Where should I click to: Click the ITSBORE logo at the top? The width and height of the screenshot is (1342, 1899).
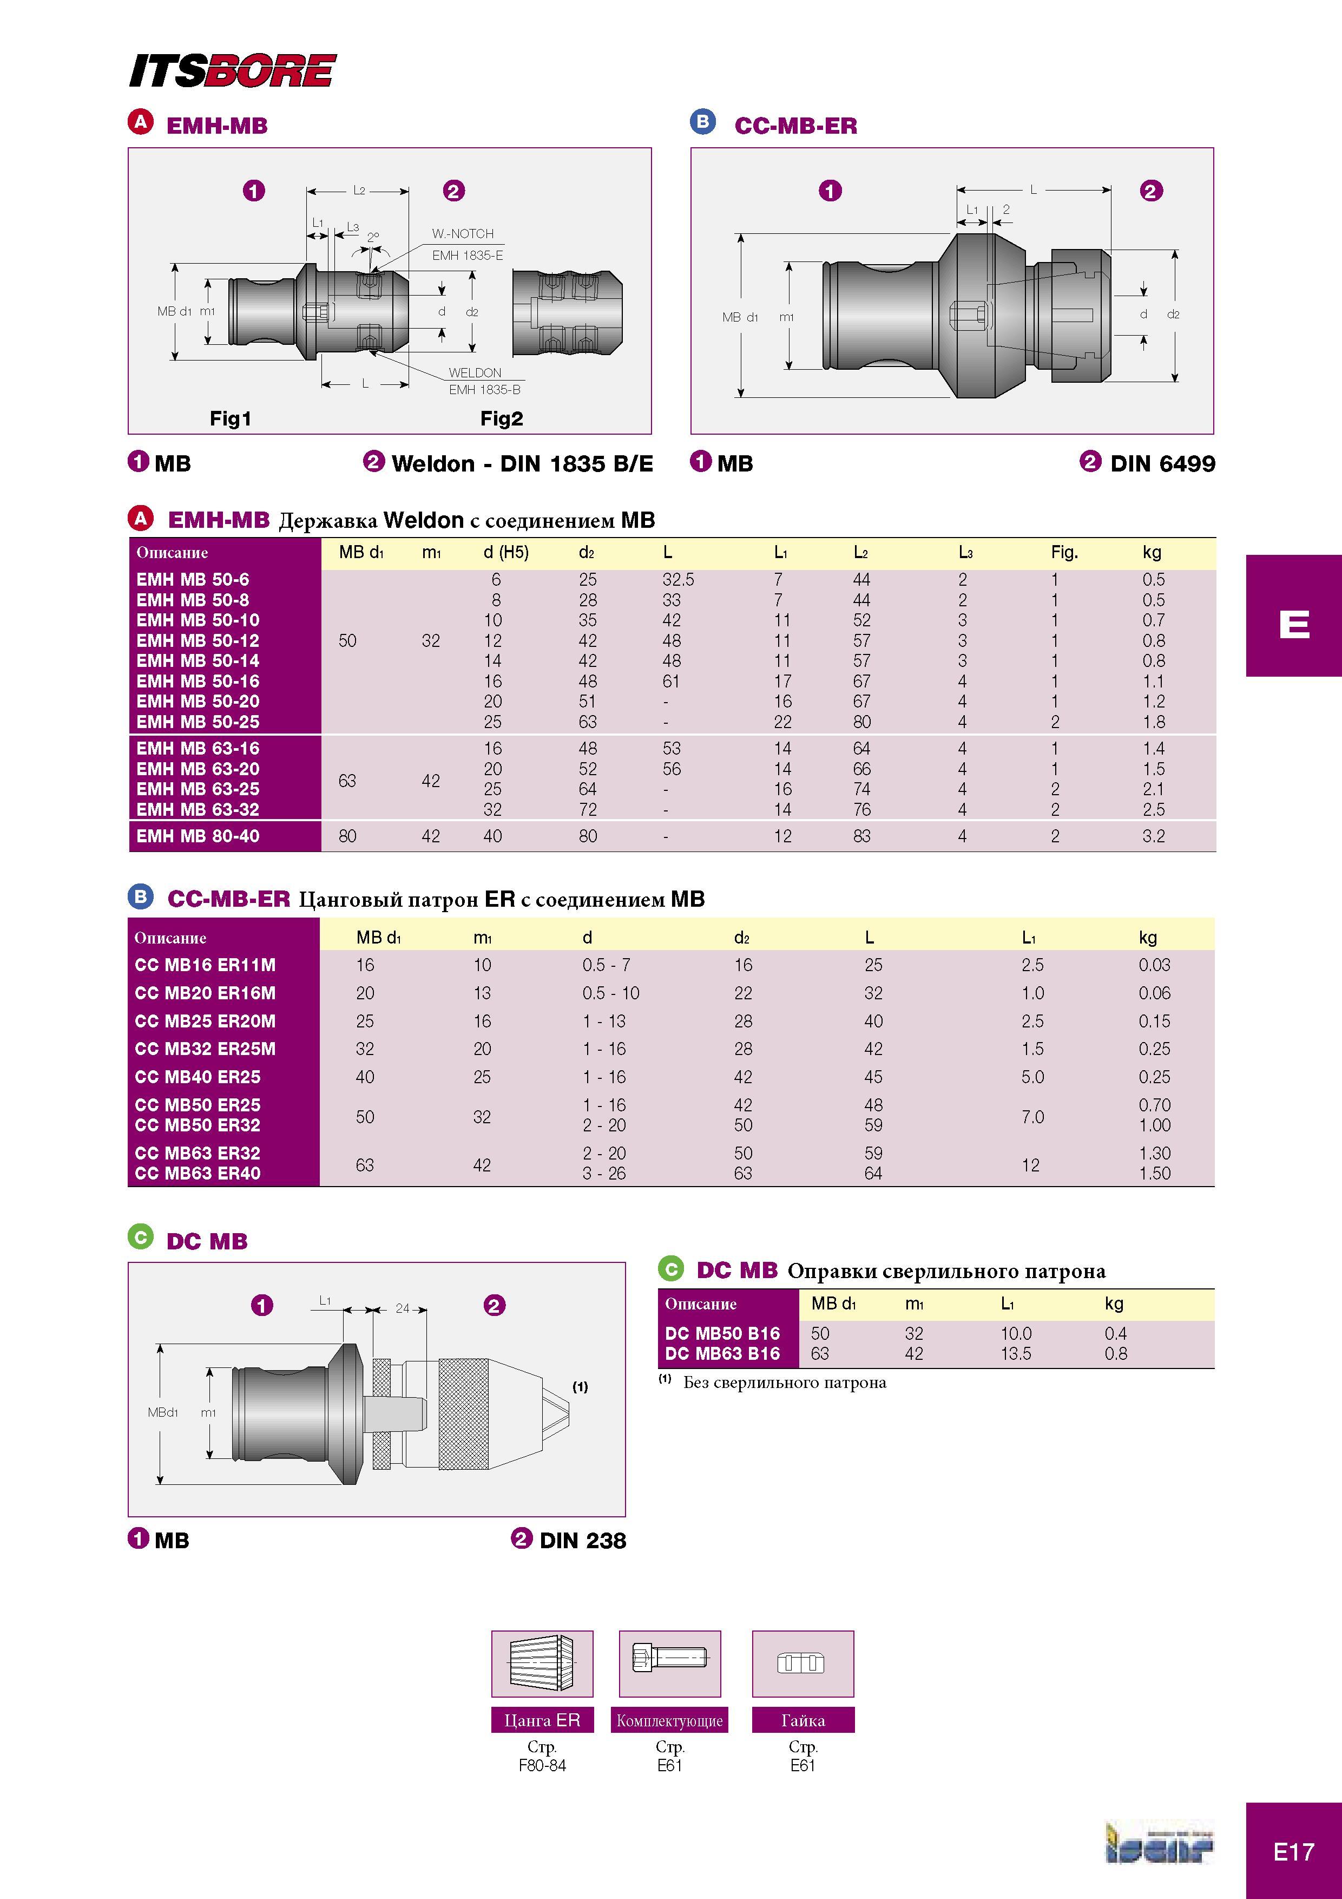tap(232, 70)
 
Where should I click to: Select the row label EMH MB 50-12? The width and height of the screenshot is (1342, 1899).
tap(198, 640)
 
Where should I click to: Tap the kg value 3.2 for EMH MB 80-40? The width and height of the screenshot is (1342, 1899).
tap(1154, 836)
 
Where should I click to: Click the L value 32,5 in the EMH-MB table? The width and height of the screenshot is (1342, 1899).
tap(678, 580)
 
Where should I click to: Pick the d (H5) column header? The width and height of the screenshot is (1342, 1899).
tap(506, 553)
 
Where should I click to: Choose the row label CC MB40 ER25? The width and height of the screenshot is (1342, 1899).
tap(198, 1077)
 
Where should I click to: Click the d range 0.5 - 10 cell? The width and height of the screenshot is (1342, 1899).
tap(611, 993)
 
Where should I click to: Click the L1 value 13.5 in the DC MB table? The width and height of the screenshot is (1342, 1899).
tap(1016, 1354)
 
